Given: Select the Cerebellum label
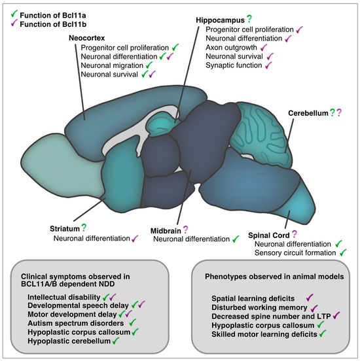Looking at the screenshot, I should pyautogui.click(x=308, y=113).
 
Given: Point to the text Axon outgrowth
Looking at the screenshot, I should pyautogui.click(x=231, y=48).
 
